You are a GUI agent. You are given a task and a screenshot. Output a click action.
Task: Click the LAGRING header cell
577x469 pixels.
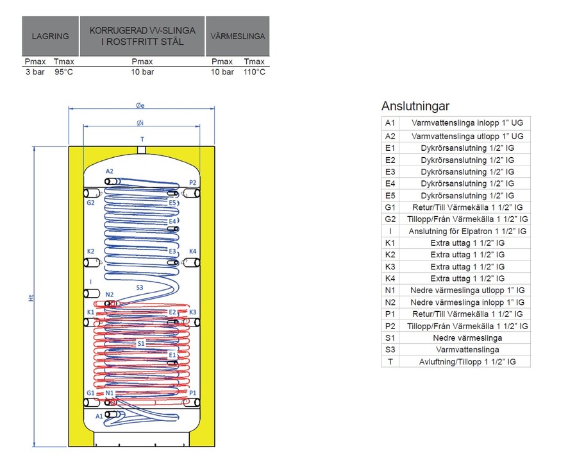coord(50,37)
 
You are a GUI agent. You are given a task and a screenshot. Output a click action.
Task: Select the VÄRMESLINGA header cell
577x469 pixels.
coord(237,37)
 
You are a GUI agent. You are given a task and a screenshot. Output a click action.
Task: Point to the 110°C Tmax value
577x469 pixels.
coord(255,72)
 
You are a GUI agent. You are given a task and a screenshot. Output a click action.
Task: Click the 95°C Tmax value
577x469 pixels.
coord(63,72)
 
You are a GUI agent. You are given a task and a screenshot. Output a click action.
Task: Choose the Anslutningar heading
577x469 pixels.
coord(415,107)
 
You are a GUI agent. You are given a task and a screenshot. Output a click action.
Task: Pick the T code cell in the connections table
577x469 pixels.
coord(390,361)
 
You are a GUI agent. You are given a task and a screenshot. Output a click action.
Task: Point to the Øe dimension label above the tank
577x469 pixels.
coord(140,105)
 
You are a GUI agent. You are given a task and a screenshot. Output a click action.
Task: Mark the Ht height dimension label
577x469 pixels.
coord(30,298)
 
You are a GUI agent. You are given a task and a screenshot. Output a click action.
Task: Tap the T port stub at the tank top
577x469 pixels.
coord(142,150)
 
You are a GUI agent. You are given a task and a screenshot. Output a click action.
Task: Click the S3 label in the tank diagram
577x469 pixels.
coord(140,287)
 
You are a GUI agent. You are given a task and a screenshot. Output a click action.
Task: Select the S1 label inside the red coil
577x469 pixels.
coord(142,344)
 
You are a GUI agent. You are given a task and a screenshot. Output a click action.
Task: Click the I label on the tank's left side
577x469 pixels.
coord(90,281)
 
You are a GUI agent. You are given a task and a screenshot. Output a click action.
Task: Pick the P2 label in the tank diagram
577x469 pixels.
coord(193,183)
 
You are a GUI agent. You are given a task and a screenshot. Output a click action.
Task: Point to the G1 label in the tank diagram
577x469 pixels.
coord(90,393)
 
